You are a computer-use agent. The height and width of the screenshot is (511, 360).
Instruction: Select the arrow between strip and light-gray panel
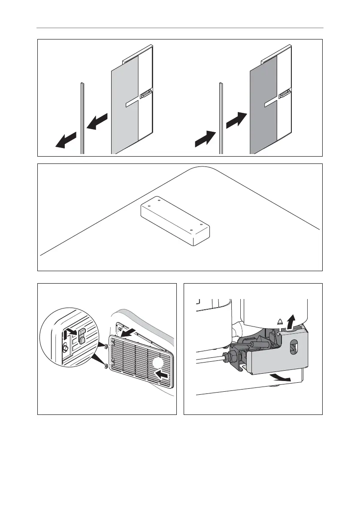(97, 121)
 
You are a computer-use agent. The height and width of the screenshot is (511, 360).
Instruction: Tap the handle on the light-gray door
(145, 93)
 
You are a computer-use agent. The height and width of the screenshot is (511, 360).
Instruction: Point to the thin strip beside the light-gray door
(82, 120)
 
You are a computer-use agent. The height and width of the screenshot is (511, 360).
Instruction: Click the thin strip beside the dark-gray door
(221, 120)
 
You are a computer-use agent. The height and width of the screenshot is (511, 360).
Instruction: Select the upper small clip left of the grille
(105, 345)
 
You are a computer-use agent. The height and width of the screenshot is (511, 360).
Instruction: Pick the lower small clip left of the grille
(105, 366)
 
